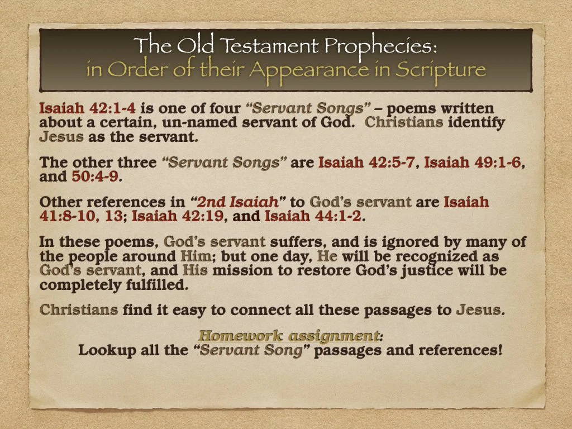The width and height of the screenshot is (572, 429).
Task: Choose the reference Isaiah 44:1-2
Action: coord(313,216)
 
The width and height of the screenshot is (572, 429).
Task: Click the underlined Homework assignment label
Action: coord(289,336)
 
